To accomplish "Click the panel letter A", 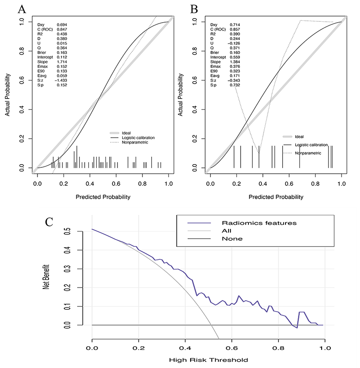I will pos(21,9).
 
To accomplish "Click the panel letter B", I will pos(194,9).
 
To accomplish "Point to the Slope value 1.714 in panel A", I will pos(62,61).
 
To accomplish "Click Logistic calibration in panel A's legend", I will pos(138,137).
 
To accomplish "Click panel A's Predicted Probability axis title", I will pos(103,197).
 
